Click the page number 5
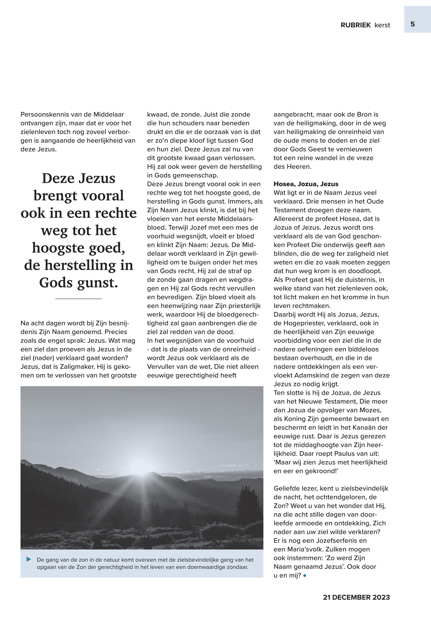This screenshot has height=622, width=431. [x=412, y=24]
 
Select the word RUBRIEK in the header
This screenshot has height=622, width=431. [x=355, y=25]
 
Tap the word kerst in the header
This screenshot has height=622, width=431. [x=382, y=25]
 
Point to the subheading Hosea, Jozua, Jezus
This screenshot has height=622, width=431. [x=306, y=184]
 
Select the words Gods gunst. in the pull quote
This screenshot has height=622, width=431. [x=78, y=283]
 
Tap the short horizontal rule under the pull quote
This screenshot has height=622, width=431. [x=78, y=299]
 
